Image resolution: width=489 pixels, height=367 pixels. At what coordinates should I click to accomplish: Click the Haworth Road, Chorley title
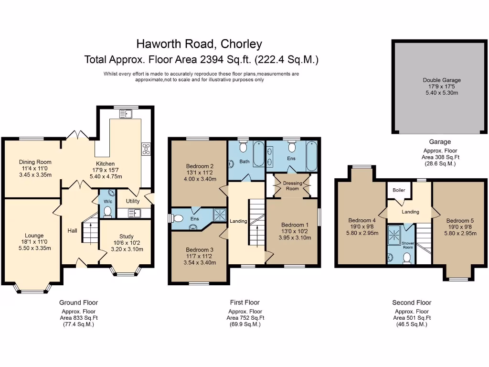tap(199, 44)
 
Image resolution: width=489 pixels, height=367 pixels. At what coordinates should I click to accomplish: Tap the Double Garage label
tap(442, 80)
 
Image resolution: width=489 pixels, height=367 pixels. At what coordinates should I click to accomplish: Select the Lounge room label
tap(34, 236)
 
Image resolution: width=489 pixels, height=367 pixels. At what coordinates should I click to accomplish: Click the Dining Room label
tap(35, 162)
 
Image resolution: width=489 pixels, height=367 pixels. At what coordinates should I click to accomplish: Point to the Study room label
tap(127, 237)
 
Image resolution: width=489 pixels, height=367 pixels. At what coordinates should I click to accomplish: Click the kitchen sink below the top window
tap(128, 113)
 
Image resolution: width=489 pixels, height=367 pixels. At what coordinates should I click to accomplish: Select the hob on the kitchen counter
tap(146, 149)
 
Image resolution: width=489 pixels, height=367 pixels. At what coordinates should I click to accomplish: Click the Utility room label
tap(133, 201)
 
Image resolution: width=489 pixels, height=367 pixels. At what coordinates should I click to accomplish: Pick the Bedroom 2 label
tap(199, 166)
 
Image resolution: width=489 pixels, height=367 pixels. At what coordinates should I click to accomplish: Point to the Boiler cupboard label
tap(399, 190)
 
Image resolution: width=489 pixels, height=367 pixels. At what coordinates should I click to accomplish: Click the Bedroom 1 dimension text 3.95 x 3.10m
tap(295, 237)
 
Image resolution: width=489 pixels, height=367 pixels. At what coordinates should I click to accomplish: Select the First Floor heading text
tap(245, 302)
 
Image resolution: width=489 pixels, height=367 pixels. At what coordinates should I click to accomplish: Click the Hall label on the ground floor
tap(73, 231)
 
